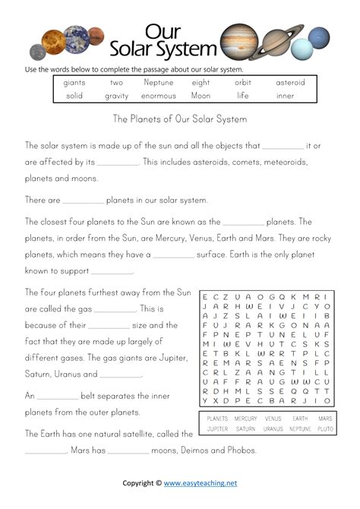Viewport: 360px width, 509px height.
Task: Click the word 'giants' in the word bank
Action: [74, 82]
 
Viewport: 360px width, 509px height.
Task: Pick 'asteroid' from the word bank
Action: [289, 82]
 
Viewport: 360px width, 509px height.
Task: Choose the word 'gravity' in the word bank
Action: [116, 96]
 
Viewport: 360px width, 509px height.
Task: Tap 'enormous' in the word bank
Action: [158, 96]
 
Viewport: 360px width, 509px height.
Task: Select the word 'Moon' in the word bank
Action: [201, 96]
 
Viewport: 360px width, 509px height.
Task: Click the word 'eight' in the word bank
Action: [201, 82]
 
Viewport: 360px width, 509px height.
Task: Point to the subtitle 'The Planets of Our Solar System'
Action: [180, 119]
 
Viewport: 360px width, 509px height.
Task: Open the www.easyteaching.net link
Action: [201, 482]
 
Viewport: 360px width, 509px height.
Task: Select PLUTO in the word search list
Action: [324, 429]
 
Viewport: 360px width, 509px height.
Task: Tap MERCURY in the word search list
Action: [245, 419]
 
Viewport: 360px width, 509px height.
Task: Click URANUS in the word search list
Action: [273, 429]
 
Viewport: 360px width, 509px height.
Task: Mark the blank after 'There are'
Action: [83, 202]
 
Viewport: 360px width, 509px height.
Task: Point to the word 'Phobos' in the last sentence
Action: [240, 450]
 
